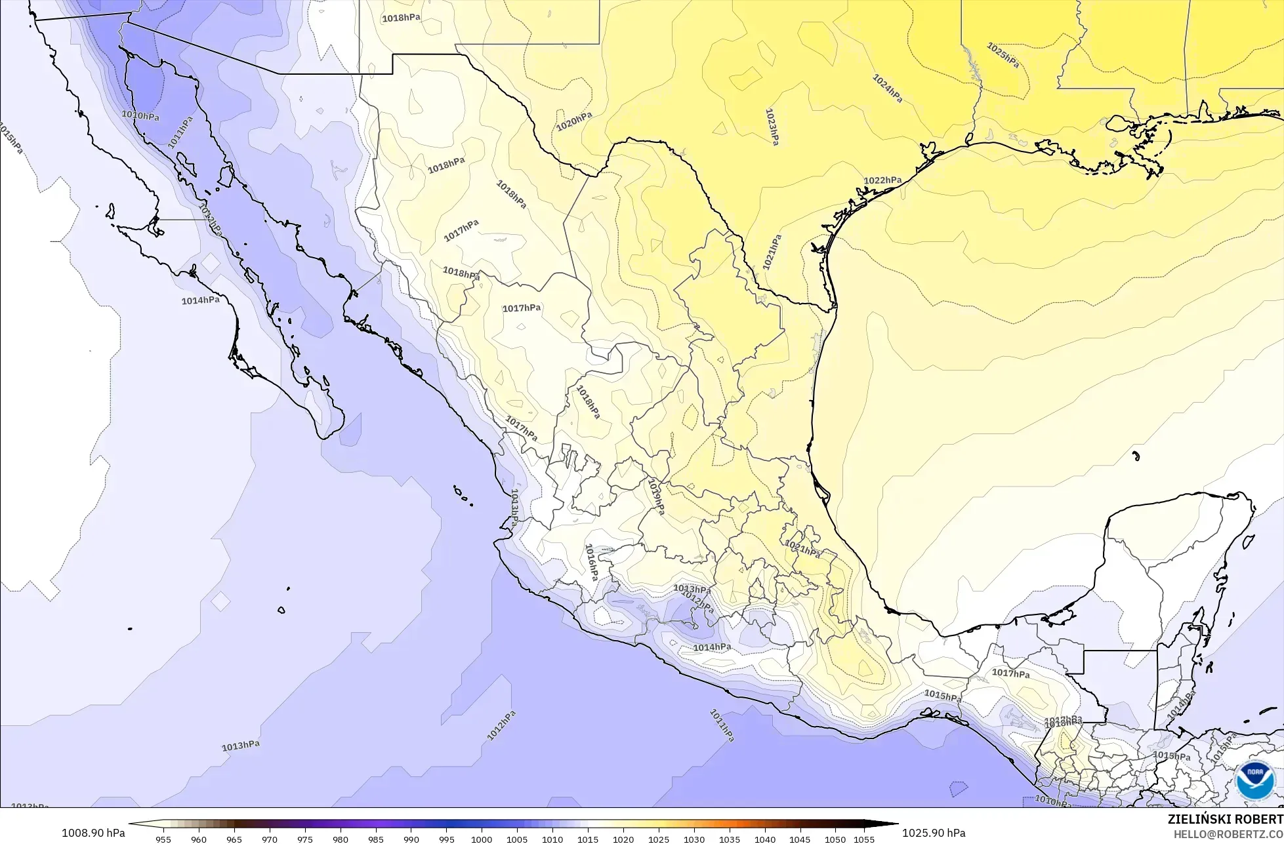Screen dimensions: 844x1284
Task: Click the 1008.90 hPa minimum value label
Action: coord(93,833)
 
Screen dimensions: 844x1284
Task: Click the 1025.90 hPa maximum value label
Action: coord(934,833)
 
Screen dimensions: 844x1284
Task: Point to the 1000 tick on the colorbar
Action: coord(482,839)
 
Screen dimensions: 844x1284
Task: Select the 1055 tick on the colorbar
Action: coord(864,839)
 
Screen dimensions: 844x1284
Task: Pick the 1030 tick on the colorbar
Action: coord(694,839)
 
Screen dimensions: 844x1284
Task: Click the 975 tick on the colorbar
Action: coord(305,839)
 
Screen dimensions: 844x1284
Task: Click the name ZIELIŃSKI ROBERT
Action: coord(1225,819)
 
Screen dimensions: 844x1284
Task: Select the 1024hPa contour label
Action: coord(887,88)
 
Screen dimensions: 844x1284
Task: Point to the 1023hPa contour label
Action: coord(772,126)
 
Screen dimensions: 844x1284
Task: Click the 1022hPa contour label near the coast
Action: coord(882,180)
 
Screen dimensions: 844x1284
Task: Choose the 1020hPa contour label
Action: coord(574,121)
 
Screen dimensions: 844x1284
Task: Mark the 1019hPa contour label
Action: coord(655,496)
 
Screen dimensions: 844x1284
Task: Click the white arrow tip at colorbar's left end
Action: coord(131,824)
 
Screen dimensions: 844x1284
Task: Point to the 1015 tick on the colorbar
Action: coord(588,839)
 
